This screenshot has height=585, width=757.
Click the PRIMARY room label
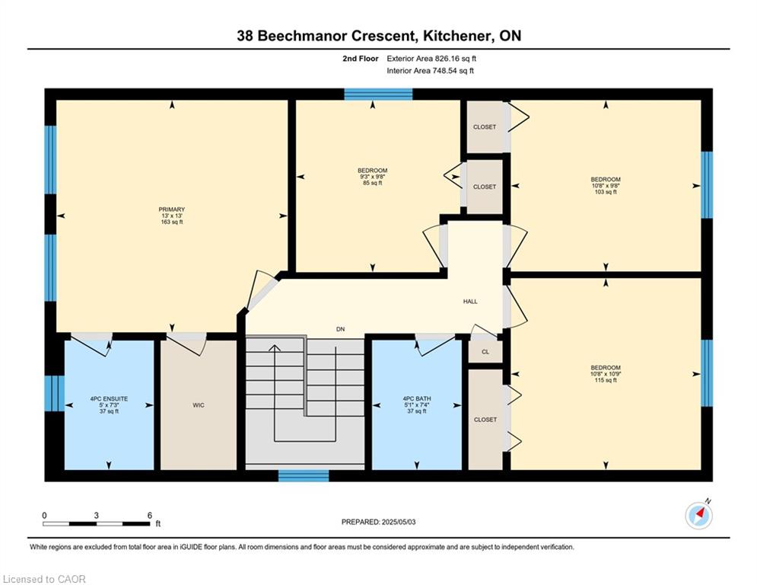(172, 209)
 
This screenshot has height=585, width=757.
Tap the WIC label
(199, 405)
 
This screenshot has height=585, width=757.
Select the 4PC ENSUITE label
(109, 399)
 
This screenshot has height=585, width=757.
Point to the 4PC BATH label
(417, 399)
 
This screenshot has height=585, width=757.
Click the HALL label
(470, 301)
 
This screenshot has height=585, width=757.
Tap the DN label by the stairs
(341, 329)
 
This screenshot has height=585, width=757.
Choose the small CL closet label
(485, 352)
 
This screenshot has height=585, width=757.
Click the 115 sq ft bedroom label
(606, 367)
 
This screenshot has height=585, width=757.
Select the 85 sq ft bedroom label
(373, 170)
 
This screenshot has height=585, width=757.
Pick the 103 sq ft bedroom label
(606, 179)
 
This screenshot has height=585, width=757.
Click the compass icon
(699, 516)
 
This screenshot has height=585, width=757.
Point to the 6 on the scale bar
(150, 516)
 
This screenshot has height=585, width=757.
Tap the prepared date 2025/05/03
(399, 522)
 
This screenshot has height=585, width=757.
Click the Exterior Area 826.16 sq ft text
(431, 59)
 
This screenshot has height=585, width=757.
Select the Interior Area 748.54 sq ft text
(430, 71)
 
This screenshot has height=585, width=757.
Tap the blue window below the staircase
(304, 476)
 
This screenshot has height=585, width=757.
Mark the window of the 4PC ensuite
(55, 393)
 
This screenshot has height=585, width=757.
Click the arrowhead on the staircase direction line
(275, 348)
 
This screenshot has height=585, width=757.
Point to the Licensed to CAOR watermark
(44, 579)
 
